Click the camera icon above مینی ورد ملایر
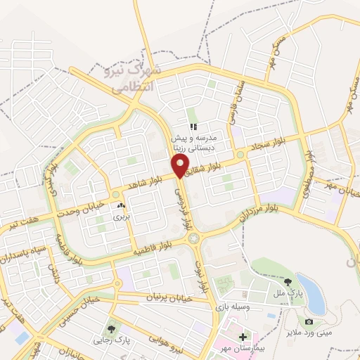(x=309, y=321)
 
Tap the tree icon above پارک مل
(x=287, y=283)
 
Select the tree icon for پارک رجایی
(x=111, y=329)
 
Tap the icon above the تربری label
(x=121, y=206)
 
